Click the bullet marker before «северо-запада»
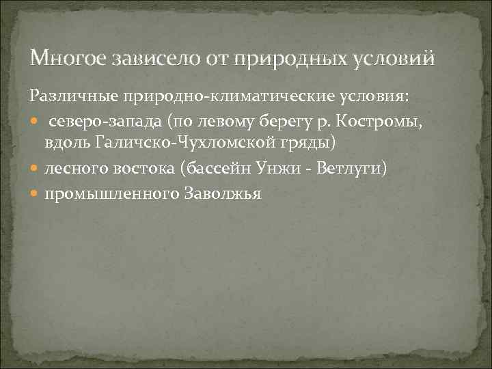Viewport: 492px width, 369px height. [36, 122]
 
